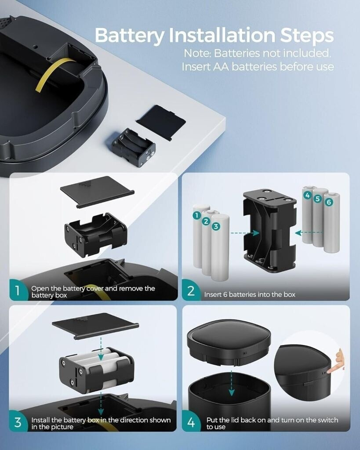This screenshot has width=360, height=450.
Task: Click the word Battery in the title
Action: (129, 36)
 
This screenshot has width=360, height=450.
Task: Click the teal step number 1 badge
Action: (18, 290)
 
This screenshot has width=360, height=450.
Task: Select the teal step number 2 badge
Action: (191, 290)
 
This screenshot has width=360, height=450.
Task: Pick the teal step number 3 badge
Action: (18, 422)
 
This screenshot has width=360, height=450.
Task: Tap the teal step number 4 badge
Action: (191, 422)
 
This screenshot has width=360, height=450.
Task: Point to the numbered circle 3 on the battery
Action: (216, 226)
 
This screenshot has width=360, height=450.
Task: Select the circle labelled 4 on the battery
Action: (307, 195)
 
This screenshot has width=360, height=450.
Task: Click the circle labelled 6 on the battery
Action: (329, 202)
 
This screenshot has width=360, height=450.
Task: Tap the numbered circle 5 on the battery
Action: (317, 199)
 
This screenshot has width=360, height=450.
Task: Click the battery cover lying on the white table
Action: (161, 122)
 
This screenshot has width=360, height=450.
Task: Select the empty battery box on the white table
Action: (134, 148)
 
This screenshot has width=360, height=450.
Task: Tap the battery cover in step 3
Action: (95, 326)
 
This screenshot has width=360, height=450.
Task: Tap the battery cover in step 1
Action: (97, 191)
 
